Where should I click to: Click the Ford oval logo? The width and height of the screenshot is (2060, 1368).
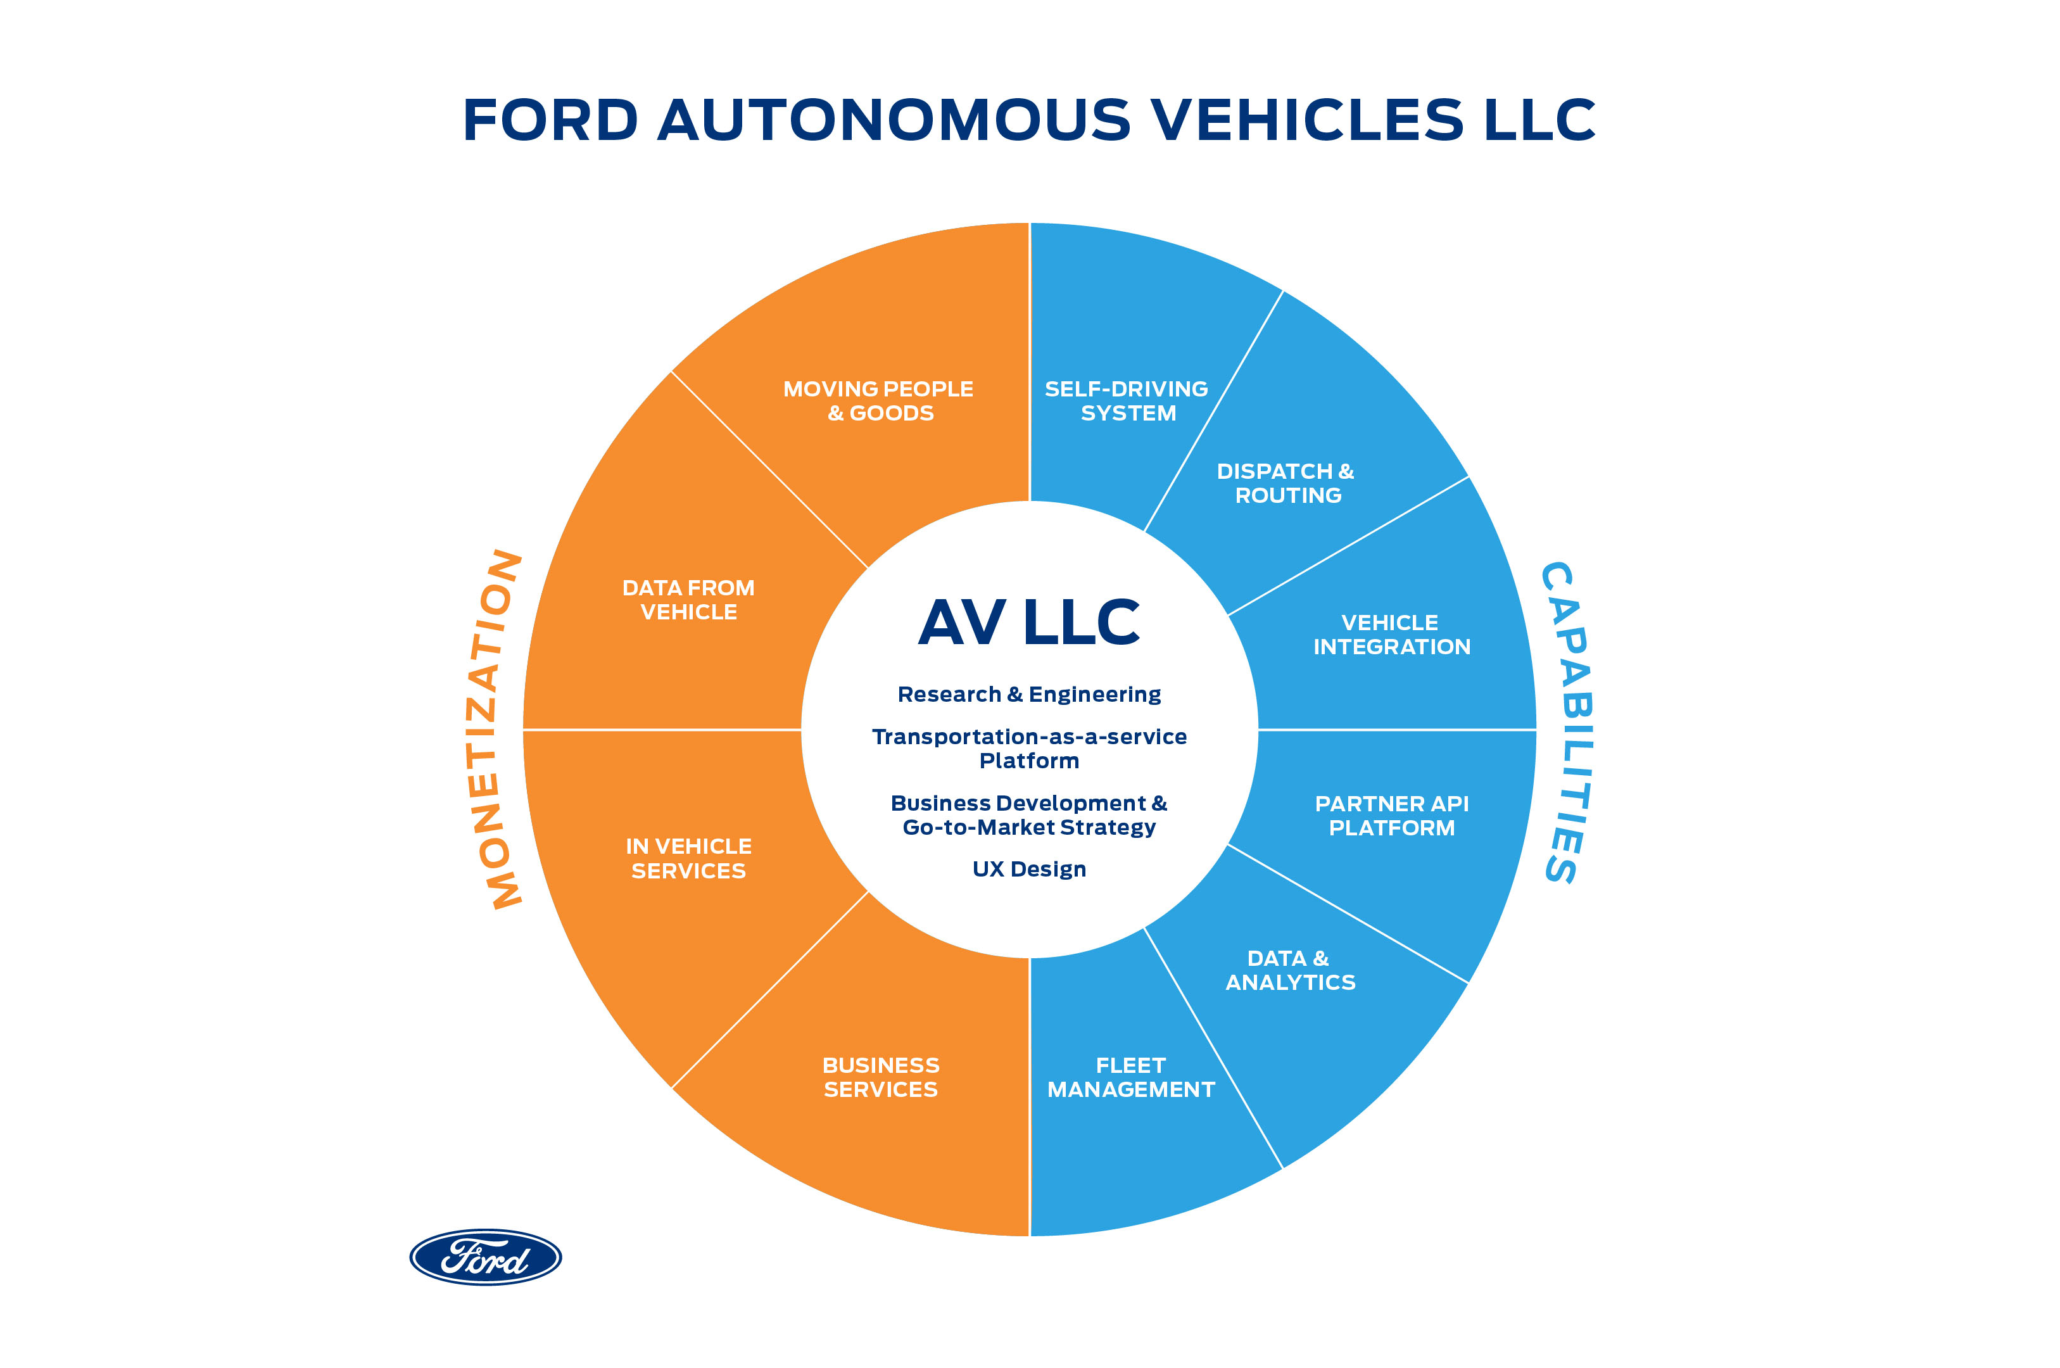(485, 1257)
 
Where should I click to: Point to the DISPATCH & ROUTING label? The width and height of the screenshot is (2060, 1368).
(1286, 483)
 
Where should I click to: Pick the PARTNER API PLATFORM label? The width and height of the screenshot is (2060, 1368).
(1391, 816)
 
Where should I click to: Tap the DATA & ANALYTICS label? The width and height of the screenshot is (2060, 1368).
(1290, 970)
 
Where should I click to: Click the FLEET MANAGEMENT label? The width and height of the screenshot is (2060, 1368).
(1130, 1077)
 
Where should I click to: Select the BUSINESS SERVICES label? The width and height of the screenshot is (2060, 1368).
(881, 1077)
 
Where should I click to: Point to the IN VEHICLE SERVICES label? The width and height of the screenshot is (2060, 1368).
(688, 859)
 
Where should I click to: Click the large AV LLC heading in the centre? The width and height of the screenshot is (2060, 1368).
(1029, 623)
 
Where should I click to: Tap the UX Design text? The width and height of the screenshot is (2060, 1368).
(1029, 869)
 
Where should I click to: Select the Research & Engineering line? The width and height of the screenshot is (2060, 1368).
(1029, 695)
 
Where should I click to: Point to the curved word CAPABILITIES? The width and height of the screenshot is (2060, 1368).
(1567, 723)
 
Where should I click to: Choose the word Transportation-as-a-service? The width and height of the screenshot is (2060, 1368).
(1029, 737)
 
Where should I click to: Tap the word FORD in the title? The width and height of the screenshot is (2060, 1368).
(550, 120)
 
